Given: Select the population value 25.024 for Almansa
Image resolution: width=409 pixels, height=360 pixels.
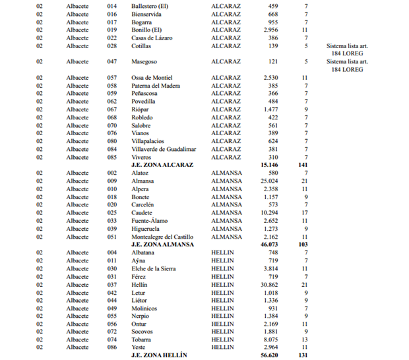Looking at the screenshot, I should click(x=268, y=181).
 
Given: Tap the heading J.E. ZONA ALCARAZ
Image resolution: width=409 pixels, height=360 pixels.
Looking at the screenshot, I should click(x=162, y=165).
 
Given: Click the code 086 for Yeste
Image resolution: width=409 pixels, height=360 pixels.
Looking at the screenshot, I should click(x=111, y=347).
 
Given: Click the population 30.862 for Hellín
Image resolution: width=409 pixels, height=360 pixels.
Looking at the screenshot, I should click(x=268, y=284).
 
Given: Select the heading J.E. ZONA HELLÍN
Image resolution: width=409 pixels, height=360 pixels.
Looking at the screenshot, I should click(x=159, y=355).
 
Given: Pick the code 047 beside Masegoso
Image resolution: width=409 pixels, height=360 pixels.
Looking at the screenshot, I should click(x=111, y=61).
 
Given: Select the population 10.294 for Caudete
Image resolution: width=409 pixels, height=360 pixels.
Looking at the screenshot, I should click(x=268, y=212).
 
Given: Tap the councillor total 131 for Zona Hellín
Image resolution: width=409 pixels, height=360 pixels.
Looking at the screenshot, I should click(x=303, y=355).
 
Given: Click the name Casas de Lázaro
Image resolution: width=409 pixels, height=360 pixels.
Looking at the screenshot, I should click(x=152, y=38).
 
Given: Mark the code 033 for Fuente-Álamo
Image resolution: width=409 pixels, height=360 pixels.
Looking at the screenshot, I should click(x=111, y=220).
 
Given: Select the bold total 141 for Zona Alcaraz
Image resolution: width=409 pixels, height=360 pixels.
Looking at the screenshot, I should click(x=303, y=165).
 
